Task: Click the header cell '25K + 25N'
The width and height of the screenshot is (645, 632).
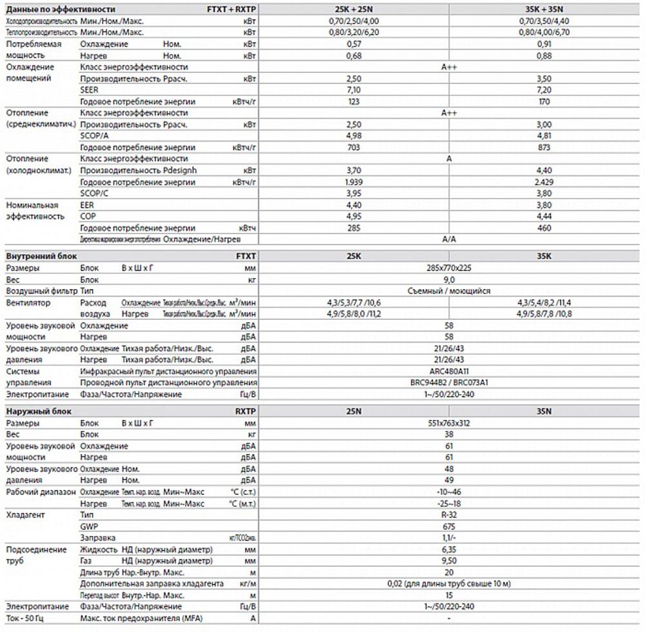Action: pos(354,10)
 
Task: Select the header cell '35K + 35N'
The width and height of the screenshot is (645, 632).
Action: pos(544,10)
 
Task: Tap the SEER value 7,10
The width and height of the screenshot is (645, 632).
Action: pos(353,90)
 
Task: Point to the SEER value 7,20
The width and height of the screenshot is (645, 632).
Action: pos(544,90)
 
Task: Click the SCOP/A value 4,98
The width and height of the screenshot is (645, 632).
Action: pos(353,135)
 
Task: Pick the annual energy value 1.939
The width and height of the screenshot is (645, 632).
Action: pos(353,182)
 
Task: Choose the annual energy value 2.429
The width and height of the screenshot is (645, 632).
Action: pos(544,182)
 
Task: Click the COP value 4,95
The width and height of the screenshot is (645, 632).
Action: pos(353,216)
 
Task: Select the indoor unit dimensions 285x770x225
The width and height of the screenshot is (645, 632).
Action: pos(450,268)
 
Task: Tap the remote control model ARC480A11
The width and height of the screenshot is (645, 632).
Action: pos(450,371)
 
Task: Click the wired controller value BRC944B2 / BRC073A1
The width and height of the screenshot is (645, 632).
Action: pos(450,382)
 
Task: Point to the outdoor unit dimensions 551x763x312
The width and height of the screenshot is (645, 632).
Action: pos(450,422)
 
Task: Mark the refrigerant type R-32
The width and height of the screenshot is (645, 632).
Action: pos(450,515)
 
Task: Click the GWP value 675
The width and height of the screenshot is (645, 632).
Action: pos(450,526)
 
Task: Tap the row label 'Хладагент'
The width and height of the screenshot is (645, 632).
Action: pos(25,515)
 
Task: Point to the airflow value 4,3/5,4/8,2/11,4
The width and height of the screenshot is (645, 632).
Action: pos(544,302)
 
